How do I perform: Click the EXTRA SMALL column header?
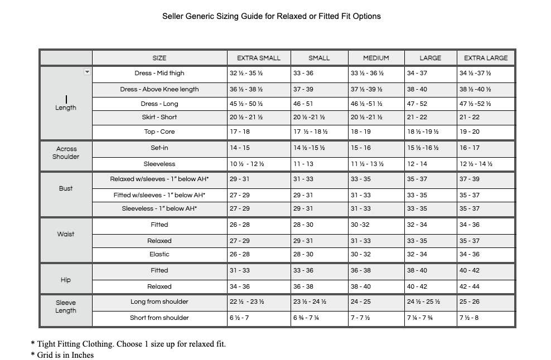pyautogui.click(x=259, y=58)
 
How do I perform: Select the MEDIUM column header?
pyautogui.click(x=376, y=58)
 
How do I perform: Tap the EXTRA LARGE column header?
pyautogui.click(x=486, y=58)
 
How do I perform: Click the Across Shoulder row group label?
pyautogui.click(x=66, y=153)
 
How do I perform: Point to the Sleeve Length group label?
pyautogui.click(x=66, y=307)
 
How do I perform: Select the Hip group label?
pyautogui.click(x=66, y=280)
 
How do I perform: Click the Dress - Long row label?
pyautogui.click(x=159, y=104)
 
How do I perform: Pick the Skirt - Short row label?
pyautogui.click(x=159, y=117)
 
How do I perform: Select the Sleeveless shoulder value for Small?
pyautogui.click(x=303, y=164)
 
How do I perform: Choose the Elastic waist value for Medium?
pyautogui.click(x=360, y=254)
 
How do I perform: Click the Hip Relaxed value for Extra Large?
pyautogui.click(x=469, y=286)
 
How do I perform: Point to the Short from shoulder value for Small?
pyautogui.click(x=307, y=318)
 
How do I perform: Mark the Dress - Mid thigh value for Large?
pyautogui.click(x=417, y=73)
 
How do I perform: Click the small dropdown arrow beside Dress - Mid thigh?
pyautogui.click(x=87, y=72)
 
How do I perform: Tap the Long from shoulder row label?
pyautogui.click(x=159, y=301)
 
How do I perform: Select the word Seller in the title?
pyautogui.click(x=173, y=16)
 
